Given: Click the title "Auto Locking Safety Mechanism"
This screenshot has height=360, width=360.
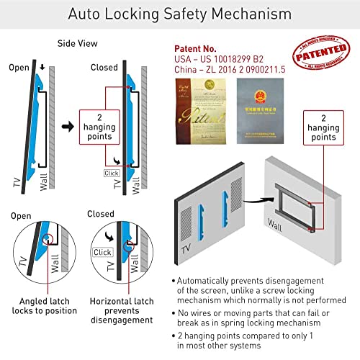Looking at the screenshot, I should click(x=180, y=14).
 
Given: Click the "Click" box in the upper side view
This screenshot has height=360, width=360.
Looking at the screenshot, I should click(x=110, y=173).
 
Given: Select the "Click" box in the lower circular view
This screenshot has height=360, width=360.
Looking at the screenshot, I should click(x=102, y=252).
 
